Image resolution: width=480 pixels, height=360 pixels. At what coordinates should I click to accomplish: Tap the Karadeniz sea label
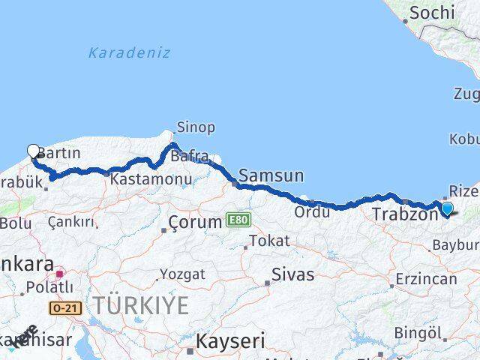tap(129, 53)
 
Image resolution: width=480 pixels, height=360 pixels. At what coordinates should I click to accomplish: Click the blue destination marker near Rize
tap(448, 209)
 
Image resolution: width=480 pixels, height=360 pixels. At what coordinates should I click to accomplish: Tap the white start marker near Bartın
tap(33, 151)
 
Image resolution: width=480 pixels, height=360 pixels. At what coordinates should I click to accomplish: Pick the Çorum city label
tap(196, 222)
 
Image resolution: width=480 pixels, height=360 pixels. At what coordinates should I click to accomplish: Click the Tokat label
tap(268, 241)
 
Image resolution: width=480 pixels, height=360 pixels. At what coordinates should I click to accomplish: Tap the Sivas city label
tap(293, 274)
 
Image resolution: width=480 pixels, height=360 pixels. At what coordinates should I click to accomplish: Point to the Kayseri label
tap(230, 342)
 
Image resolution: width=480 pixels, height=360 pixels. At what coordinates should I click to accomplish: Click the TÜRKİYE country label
tap(141, 304)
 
